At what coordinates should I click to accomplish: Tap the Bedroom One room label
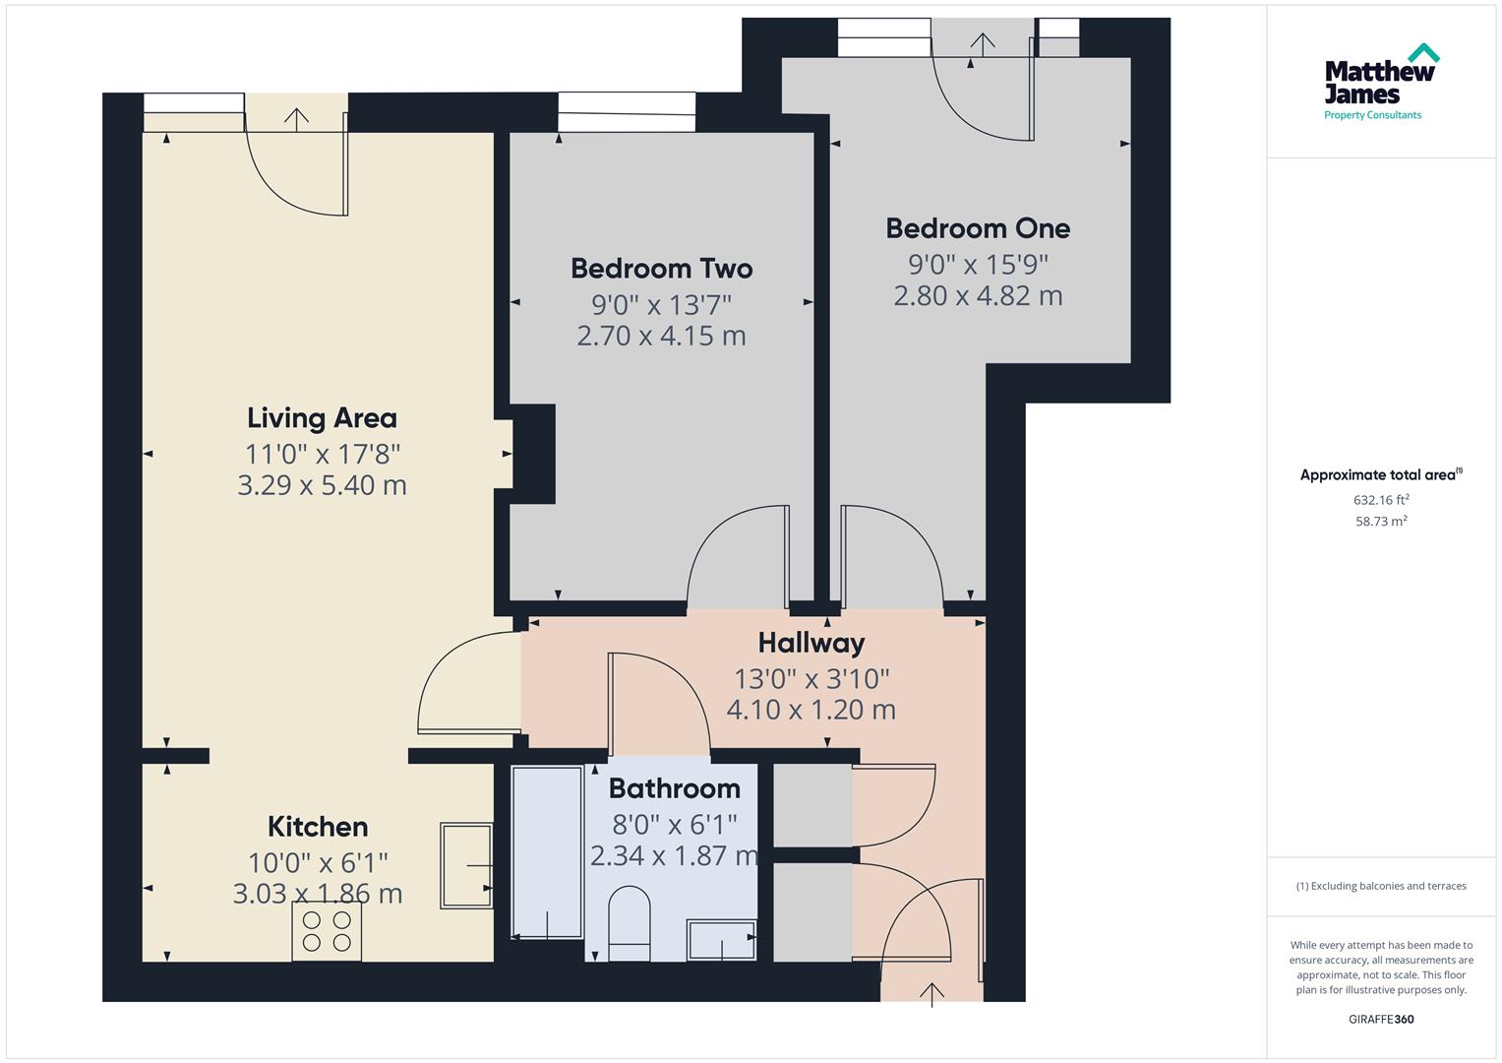click(x=977, y=228)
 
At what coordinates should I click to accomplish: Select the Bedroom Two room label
click(x=661, y=269)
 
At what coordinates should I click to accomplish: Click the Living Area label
click(x=322, y=418)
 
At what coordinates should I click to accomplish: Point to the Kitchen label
click(x=318, y=827)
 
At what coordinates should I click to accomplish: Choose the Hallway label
click(x=811, y=644)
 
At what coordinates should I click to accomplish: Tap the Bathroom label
click(x=674, y=788)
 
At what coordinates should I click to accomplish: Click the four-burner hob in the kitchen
click(x=327, y=931)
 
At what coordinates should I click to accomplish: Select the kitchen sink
click(x=466, y=865)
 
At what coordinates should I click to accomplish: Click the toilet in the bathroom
click(x=630, y=922)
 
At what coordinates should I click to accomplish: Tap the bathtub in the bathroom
click(x=547, y=852)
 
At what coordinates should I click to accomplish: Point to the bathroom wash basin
click(x=722, y=940)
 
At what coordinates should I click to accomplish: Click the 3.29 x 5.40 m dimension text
click(x=322, y=485)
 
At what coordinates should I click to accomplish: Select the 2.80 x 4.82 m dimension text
click(x=977, y=296)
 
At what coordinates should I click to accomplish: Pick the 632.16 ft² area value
click(x=1380, y=500)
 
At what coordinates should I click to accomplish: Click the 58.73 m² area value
click(x=1380, y=522)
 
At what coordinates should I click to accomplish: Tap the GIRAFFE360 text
click(x=1380, y=1019)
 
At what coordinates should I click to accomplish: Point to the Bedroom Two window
click(x=627, y=112)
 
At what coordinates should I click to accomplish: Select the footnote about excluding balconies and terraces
click(x=1380, y=886)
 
